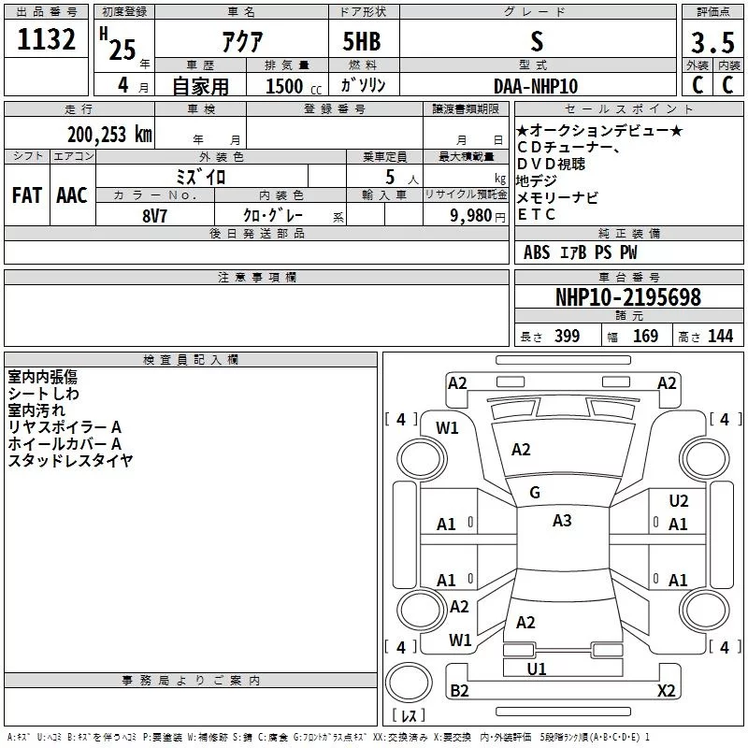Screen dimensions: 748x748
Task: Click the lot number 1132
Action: pos(46,39)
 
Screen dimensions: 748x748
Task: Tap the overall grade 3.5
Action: pos(712,42)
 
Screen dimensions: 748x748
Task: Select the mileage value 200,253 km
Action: pos(109,135)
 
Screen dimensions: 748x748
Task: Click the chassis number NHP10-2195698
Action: pos(628,297)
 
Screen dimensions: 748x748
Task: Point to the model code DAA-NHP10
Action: pos(536,86)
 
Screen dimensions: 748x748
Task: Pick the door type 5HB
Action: pos(362,41)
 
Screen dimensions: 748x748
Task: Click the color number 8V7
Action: pos(154,216)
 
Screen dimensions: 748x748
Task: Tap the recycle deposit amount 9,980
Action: pos(471,216)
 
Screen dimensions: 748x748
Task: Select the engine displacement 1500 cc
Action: pos(294,86)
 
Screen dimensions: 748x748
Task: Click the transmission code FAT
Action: pos(27,195)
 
